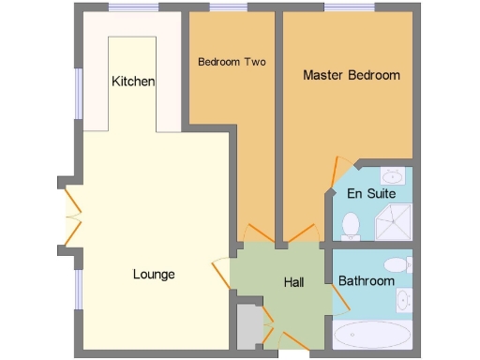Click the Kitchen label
(133, 82)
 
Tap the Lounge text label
(154, 275)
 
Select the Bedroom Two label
(232, 63)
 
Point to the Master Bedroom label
(352, 75)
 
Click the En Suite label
(371, 194)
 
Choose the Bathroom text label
(367, 280)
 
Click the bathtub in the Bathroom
(373, 335)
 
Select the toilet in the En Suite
(352, 225)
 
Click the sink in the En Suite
(392, 175)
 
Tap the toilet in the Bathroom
(397, 263)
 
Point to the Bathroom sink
(403, 300)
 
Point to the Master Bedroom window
(349, 8)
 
